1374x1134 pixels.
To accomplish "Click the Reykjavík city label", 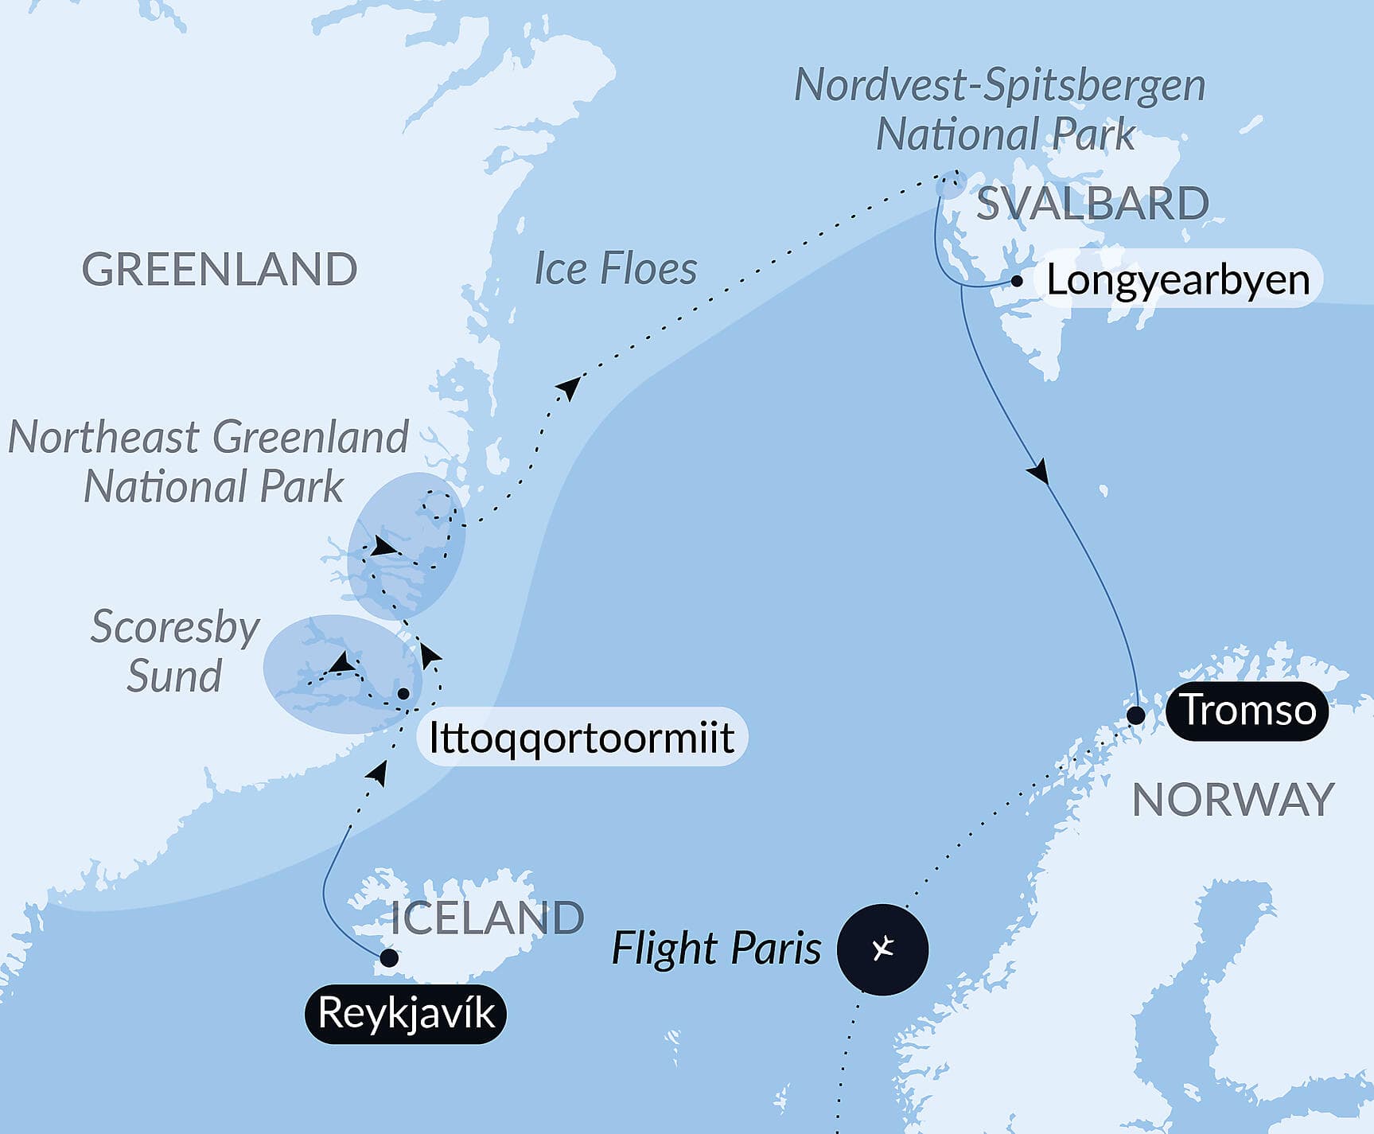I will point(406,1014).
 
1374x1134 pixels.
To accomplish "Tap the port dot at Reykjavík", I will point(389,958).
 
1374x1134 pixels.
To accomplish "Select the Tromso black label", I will point(1247,710).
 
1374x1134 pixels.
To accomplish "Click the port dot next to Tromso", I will point(1136,715).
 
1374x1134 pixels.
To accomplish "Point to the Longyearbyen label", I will point(1177,280).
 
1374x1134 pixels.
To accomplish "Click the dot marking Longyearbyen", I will point(1017,281).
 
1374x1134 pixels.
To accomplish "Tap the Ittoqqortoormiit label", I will point(581,738).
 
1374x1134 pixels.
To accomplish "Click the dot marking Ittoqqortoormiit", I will point(403,694).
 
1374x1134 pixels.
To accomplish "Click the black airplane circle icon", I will point(882,949).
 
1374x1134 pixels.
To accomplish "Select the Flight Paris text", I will point(716,949).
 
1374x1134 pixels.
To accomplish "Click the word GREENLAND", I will point(220,269).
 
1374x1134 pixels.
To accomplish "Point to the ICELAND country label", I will point(487,918).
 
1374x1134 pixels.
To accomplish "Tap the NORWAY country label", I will point(1232,799).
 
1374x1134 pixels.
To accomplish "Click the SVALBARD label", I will point(1092,203).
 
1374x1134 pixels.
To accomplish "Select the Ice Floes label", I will point(615,268).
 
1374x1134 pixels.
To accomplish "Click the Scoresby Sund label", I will point(174,651).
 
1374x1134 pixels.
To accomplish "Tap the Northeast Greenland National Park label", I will point(208,462).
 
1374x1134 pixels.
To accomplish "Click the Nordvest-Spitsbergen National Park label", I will point(1001,109).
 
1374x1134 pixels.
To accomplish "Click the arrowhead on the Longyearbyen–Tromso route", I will point(1037,472).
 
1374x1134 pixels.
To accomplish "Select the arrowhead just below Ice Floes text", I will point(570,387).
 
